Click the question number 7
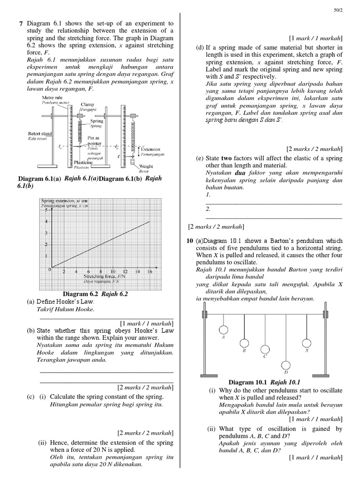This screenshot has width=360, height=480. click(21, 23)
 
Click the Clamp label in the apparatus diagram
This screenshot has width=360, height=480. click(87, 105)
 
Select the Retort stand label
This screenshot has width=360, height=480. click(40, 134)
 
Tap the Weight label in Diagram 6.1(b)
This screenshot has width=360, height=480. click(146, 166)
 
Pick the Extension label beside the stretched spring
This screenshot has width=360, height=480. click(151, 150)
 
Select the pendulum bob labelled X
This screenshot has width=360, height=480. click(307, 343)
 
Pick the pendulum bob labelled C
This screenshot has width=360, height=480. click(265, 349)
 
